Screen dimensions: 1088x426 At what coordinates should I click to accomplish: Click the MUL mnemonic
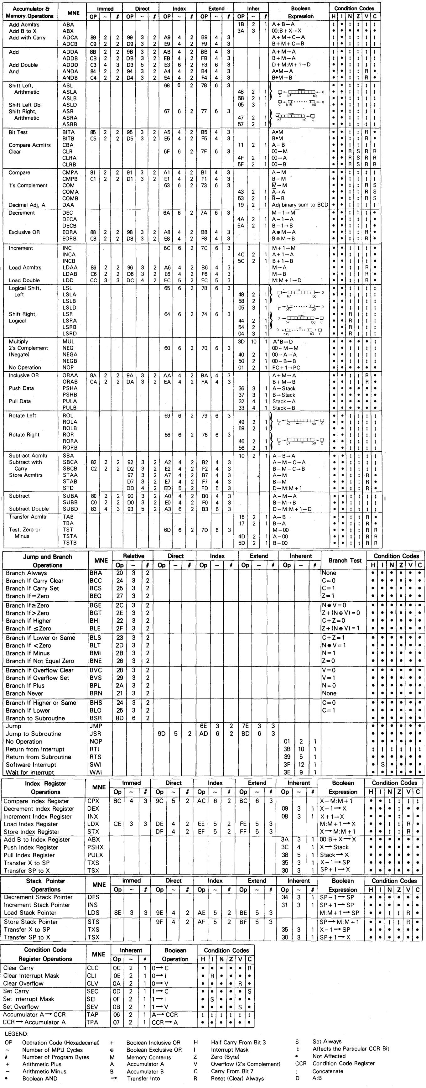pyautogui.click(x=68, y=342)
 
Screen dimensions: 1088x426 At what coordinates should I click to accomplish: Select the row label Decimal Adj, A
pyautogui.click(x=27, y=205)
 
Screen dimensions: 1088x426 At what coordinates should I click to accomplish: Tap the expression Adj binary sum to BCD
pyautogui.click(x=300, y=205)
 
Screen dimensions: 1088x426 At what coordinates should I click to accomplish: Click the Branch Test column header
pyautogui.click(x=345, y=561)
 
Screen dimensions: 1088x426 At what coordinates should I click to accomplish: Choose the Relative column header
pyautogui.click(x=133, y=556)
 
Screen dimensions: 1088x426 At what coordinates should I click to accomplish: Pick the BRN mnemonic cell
pyautogui.click(x=96, y=693)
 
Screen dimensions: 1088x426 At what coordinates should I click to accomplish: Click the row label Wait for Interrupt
pyautogui.click(x=30, y=772)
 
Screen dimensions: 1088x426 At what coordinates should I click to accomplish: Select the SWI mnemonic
pyautogui.click(x=96, y=765)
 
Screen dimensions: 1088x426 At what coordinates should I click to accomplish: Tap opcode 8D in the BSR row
pyautogui.click(x=120, y=718)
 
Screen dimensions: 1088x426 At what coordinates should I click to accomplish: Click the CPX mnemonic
pyautogui.click(x=93, y=801)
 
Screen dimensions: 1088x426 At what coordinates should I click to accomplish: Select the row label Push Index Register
pyautogui.click(x=31, y=847)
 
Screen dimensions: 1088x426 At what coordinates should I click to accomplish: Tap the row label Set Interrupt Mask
pyautogui.click(x=29, y=999)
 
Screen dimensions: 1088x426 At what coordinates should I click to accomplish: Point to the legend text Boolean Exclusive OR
pyautogui.click(x=154, y=1049)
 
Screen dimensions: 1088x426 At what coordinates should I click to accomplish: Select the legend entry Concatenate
pyautogui.click(x=328, y=1071)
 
